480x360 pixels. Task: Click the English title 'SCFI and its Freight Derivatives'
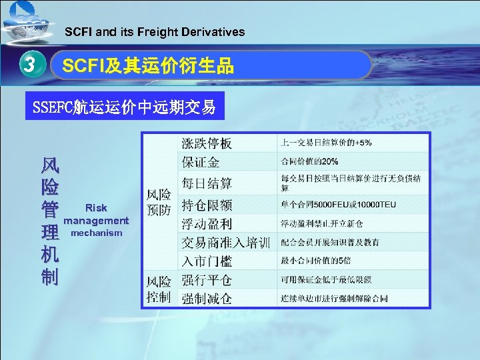coord(155,32)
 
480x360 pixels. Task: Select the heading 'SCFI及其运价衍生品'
coord(148,65)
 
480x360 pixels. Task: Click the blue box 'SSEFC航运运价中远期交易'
coord(125,107)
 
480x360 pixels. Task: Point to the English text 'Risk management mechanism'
coord(96,220)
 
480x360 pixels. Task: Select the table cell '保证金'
coord(201,162)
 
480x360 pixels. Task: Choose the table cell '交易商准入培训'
coord(226,242)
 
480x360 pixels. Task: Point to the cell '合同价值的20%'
coord(310,162)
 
